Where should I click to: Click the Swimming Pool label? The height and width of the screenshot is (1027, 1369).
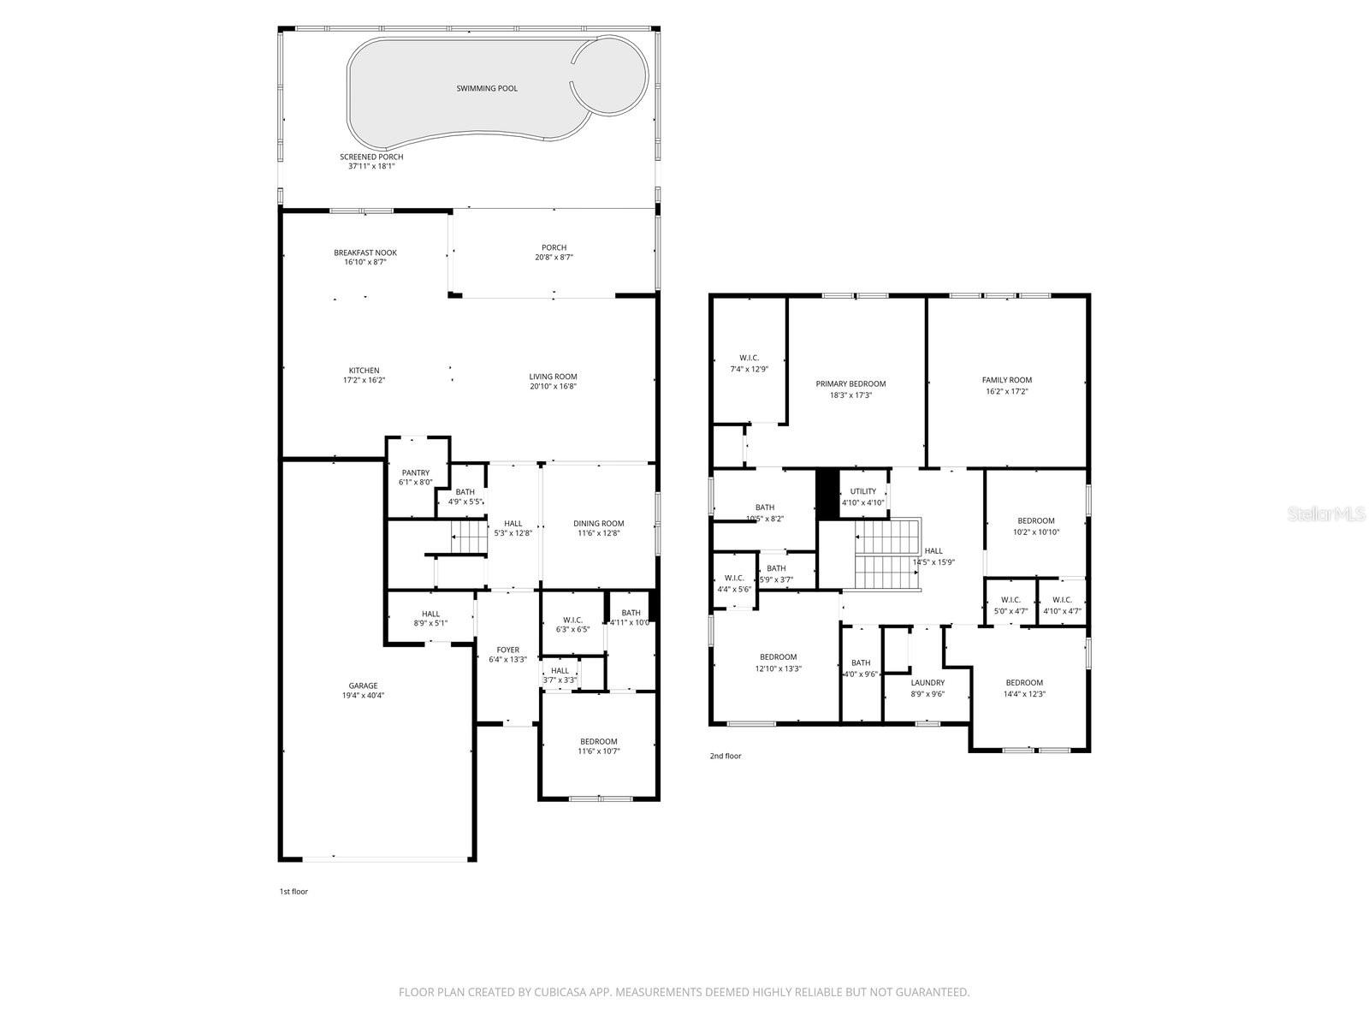click(x=486, y=88)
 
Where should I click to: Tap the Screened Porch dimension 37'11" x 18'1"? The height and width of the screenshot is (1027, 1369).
click(x=371, y=166)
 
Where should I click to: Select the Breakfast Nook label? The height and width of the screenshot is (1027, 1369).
click(x=365, y=252)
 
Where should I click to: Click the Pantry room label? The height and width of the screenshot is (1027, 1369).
click(x=416, y=472)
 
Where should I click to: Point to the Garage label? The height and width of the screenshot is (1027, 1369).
click(x=363, y=686)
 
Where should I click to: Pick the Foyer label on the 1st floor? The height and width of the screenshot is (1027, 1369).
click(x=508, y=649)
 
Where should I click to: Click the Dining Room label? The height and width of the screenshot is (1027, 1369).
click(x=598, y=523)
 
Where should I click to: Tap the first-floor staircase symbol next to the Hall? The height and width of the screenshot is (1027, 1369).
click(x=469, y=538)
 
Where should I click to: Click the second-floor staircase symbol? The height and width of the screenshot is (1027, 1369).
click(x=887, y=555)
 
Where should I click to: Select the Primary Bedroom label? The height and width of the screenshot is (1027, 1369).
click(x=850, y=383)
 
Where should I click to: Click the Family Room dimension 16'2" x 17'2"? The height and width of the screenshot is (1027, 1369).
click(x=1006, y=391)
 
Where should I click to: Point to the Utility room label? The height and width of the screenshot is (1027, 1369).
click(x=863, y=491)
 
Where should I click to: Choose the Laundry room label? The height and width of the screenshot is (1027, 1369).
click(x=927, y=683)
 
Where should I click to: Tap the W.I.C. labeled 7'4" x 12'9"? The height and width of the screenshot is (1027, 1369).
click(x=749, y=369)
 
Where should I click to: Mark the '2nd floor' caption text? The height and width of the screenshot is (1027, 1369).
click(x=726, y=756)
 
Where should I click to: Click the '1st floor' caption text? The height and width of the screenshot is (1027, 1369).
click(x=293, y=891)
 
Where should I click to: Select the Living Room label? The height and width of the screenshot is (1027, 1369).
click(x=553, y=376)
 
